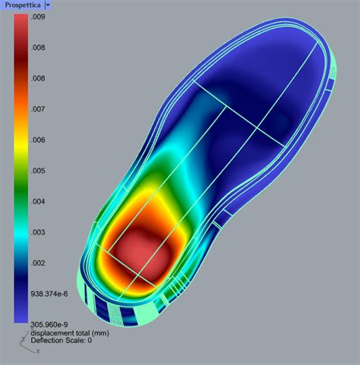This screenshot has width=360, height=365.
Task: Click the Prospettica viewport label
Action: [x=23, y=5]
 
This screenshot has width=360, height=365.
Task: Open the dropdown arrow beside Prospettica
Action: [x=48, y=5]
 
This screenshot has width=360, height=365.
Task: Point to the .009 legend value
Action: [x=38, y=17]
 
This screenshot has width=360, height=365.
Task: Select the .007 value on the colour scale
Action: [x=38, y=109]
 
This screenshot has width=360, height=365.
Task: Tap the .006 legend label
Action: [x=38, y=140]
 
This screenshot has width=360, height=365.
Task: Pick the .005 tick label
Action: [x=38, y=171]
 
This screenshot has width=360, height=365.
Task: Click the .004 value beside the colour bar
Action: [x=38, y=202]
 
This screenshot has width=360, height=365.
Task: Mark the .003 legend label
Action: [x=38, y=232]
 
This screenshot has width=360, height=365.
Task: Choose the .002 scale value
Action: [x=38, y=263]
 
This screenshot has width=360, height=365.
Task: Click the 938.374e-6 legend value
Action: [x=49, y=294]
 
